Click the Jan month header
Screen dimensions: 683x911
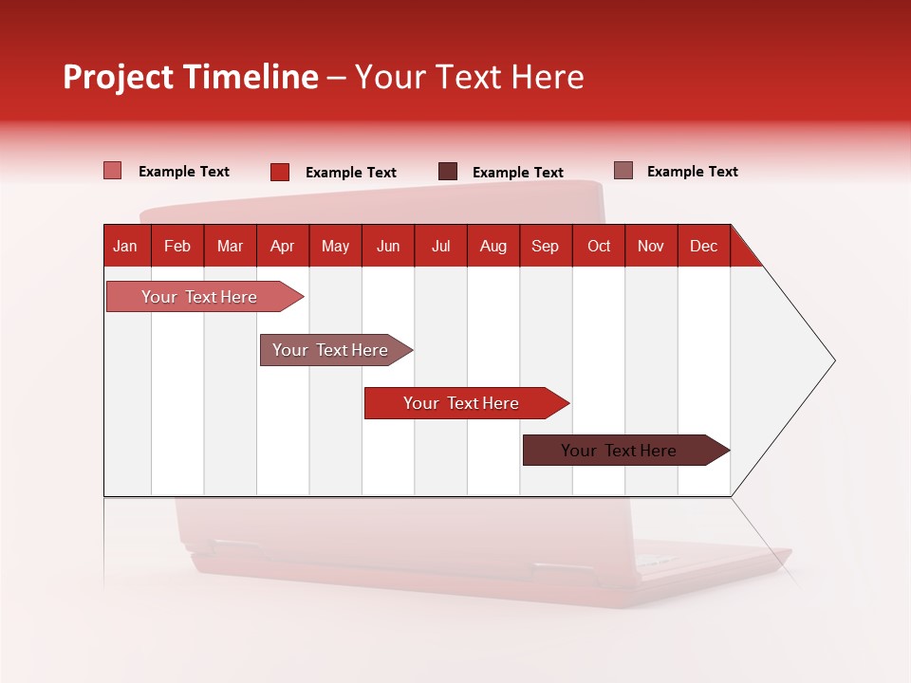125,247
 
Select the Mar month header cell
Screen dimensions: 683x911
230,247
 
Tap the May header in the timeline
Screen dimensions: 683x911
335,247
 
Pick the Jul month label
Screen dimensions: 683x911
440,247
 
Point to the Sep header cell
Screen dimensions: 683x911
545,247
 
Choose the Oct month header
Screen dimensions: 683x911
599,247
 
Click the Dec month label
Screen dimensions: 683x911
703,247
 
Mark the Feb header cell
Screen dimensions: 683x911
177,247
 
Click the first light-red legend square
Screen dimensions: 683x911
112,171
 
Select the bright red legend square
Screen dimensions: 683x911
280,172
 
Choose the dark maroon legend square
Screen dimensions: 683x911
448,172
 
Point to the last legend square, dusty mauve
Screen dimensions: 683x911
623,171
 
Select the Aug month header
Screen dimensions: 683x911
493,247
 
